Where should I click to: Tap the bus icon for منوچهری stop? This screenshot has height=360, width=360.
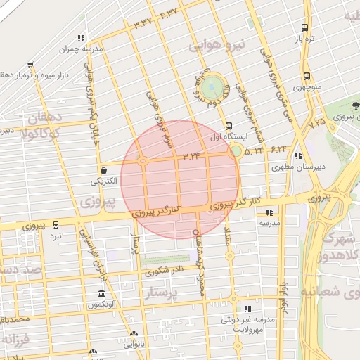pos(307,77)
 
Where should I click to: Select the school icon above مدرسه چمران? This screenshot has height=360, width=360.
pos(82,38)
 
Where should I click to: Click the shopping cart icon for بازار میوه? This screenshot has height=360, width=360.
pos(29,64)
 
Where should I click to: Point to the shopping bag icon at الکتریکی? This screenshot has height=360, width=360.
pos(104,169)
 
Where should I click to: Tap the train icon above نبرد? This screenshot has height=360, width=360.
pos(56,226)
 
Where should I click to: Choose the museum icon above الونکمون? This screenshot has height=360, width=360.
pos(102,293)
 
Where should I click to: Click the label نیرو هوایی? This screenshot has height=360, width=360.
pos(217,45)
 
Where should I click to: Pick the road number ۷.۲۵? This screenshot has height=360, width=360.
pos(318,122)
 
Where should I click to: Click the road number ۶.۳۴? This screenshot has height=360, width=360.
pos(278,148)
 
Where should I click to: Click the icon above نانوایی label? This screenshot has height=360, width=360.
pos(134,335)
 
